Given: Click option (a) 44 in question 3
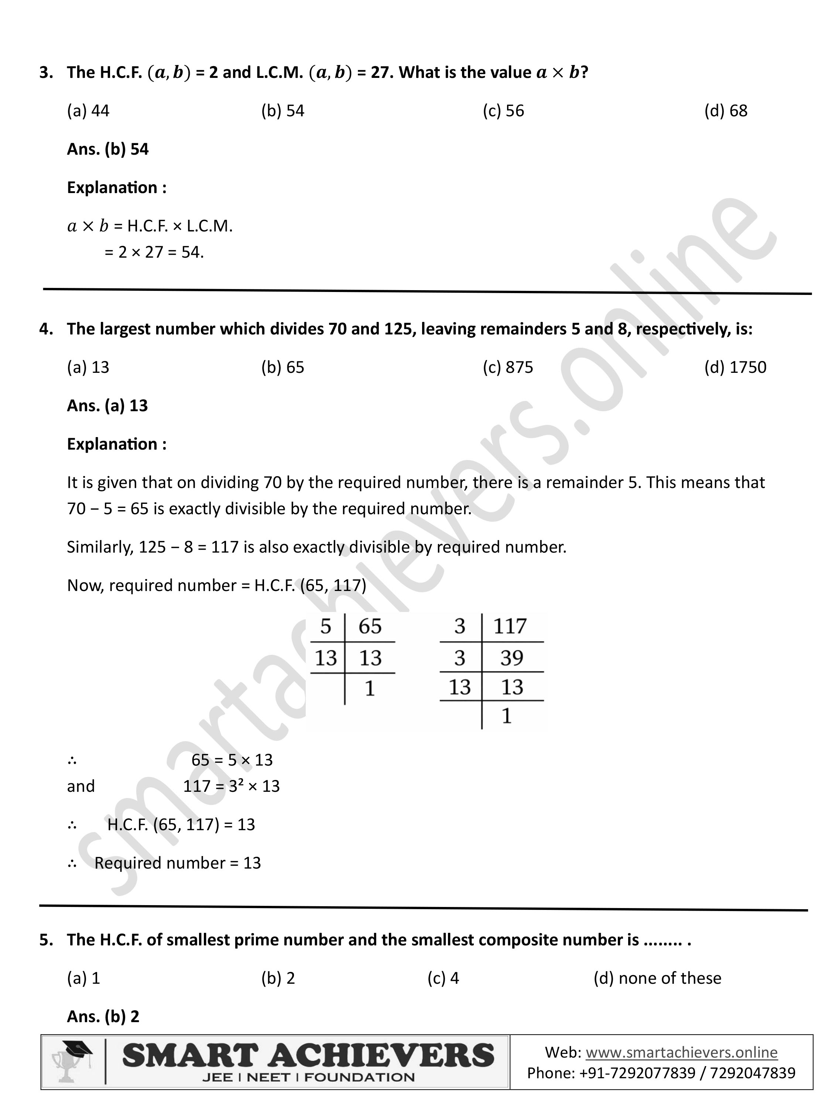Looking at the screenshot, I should pyautogui.click(x=88, y=111).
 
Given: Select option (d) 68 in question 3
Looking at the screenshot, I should pyautogui.click(x=725, y=111).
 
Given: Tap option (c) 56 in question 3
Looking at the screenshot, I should pyautogui.click(x=503, y=111).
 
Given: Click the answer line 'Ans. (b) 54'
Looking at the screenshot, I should pyautogui.click(x=108, y=149).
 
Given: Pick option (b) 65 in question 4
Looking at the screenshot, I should pyautogui.click(x=282, y=367).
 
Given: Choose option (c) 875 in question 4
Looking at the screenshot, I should pyautogui.click(x=507, y=367).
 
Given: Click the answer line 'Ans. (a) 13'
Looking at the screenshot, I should pyautogui.click(x=107, y=406).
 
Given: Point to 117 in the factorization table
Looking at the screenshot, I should pyautogui.click(x=510, y=626).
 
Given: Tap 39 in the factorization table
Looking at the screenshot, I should pyautogui.click(x=512, y=658).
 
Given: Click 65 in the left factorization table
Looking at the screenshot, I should pyautogui.click(x=370, y=626).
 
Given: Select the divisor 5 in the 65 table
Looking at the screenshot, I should pyautogui.click(x=326, y=626).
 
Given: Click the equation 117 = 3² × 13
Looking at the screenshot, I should pyautogui.click(x=231, y=786).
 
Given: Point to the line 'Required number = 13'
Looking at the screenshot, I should pyautogui.click(x=177, y=863).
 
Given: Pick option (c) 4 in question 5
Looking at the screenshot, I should pyautogui.click(x=443, y=978).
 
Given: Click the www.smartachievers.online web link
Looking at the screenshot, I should pyautogui.click(x=681, y=1052).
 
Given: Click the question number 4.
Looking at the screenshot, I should pyautogui.click(x=46, y=329).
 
